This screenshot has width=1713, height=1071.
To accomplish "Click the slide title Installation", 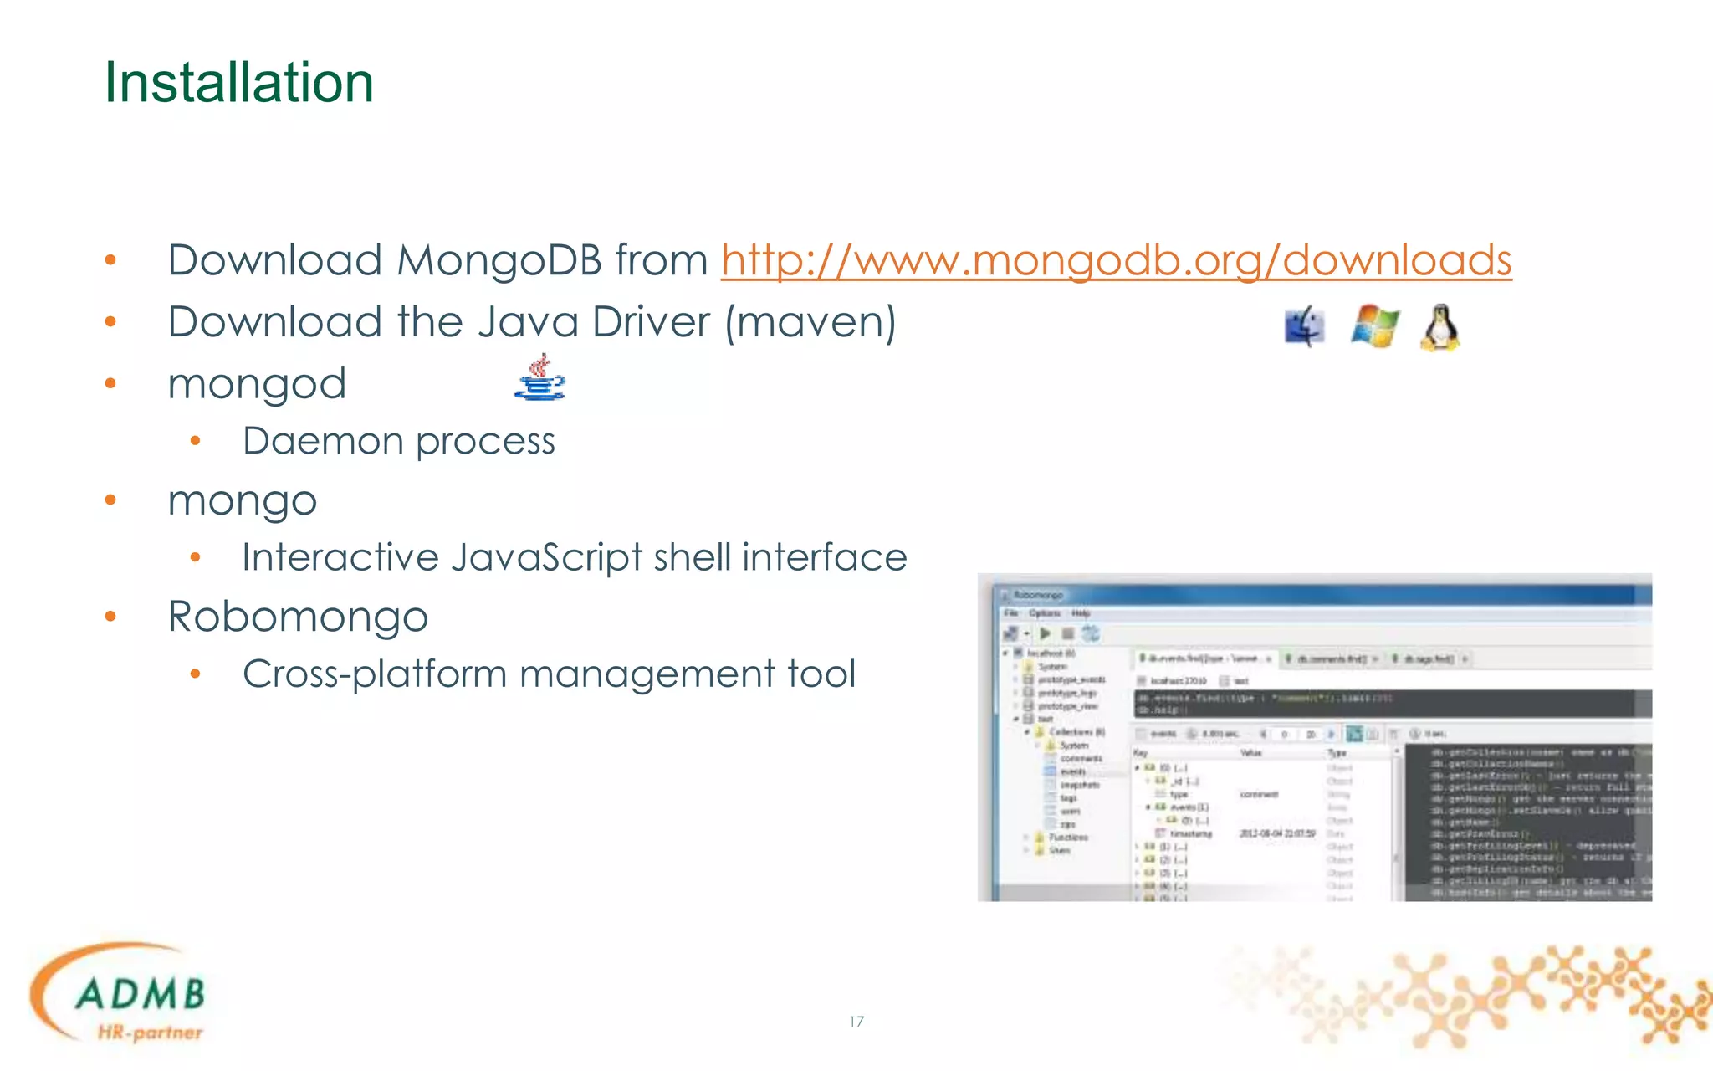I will (238, 83).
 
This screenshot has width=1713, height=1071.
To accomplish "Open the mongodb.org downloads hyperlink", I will (1116, 260).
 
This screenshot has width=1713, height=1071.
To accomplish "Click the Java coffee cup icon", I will (540, 378).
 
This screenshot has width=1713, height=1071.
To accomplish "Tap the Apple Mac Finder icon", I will (1304, 326).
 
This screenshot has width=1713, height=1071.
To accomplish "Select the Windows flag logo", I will (1374, 325).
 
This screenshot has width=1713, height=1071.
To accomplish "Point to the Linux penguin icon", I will (1440, 327).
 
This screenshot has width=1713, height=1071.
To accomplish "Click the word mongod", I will (257, 384).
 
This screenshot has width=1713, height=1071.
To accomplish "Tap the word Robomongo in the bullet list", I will (298, 617).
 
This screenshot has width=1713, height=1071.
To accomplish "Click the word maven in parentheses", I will (810, 322).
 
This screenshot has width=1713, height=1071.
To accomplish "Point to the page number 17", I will (856, 1022).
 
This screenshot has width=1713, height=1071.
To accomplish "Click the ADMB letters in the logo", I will (140, 994).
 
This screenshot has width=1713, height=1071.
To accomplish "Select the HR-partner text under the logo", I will (151, 1033).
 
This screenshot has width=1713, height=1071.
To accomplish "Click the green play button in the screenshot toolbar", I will (1045, 633).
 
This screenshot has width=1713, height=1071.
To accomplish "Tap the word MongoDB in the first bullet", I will (499, 260).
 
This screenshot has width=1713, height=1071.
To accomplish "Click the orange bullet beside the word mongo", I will (110, 500).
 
